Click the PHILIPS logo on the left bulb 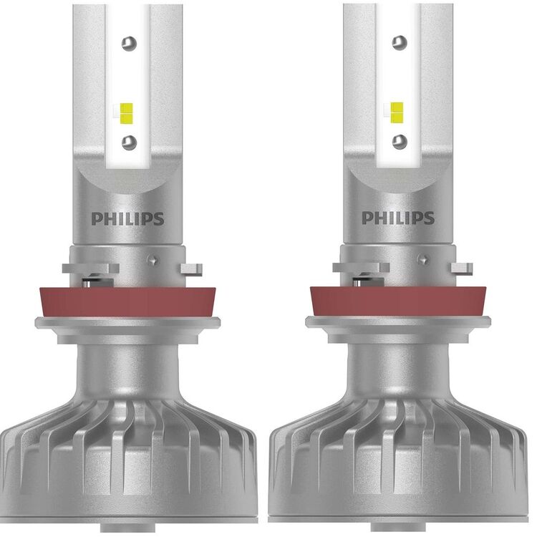pos(127,219)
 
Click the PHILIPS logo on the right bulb pos(398,218)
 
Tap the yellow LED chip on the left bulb pos(127,113)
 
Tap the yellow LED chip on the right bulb pos(397,112)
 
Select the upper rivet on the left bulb pos(129,43)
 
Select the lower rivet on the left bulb pos(129,142)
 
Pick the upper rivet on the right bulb pos(400,42)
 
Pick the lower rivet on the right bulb pos(400,142)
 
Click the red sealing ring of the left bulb pos(127,302)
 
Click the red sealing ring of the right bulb pos(398,301)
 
